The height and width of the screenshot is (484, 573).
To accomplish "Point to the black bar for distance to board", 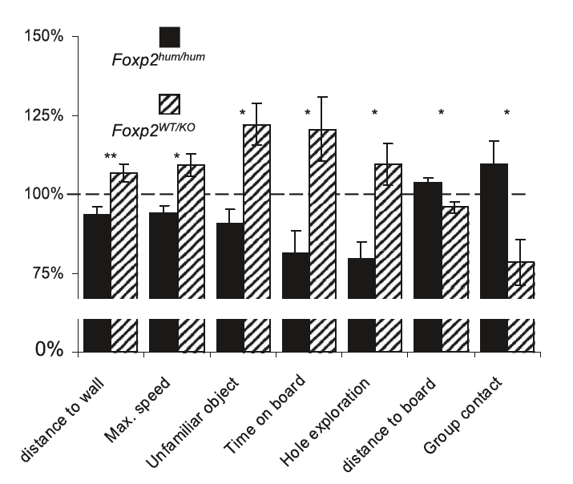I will tap(427, 240).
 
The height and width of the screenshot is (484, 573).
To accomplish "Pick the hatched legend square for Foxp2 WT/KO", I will tap(169, 103).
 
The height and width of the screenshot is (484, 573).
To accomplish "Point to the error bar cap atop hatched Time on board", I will tap(322, 98).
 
